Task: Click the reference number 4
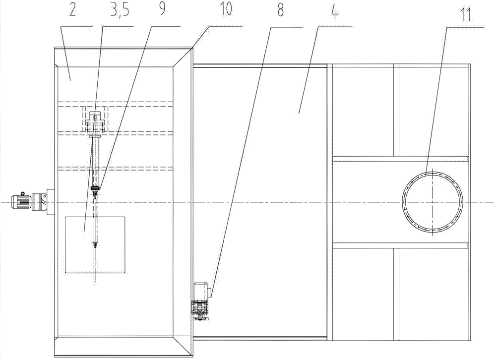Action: tap(335, 12)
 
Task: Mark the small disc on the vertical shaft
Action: tap(95, 188)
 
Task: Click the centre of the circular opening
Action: tap(433, 201)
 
